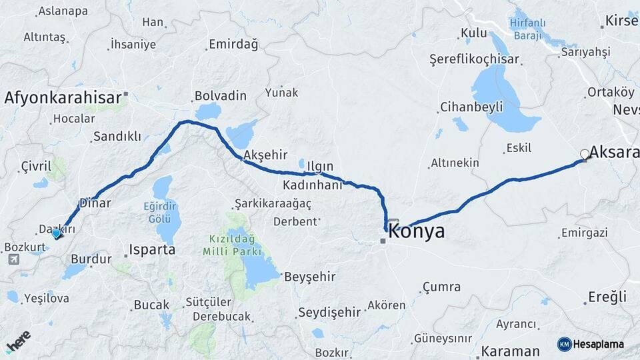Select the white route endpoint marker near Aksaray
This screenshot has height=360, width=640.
[x=585, y=155]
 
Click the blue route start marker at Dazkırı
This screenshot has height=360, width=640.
[x=57, y=233]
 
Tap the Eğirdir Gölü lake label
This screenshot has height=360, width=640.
[x=162, y=212]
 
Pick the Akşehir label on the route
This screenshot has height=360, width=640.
[x=265, y=155]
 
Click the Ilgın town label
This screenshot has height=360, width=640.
[x=320, y=166]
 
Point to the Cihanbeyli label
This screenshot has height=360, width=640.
[x=467, y=107]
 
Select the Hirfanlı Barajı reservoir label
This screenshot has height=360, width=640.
[x=527, y=29]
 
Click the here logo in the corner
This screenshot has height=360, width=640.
[x=18, y=341]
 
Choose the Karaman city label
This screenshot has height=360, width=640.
[x=510, y=351]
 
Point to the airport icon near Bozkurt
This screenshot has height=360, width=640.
[x=14, y=259]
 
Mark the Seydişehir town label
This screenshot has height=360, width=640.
[x=329, y=311]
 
